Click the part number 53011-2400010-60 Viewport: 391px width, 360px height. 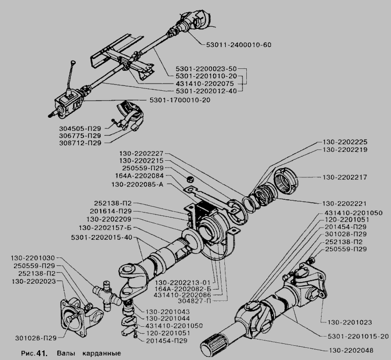point(236,44)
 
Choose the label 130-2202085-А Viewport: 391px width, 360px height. point(138,185)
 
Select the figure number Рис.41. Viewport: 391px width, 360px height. point(33,352)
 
